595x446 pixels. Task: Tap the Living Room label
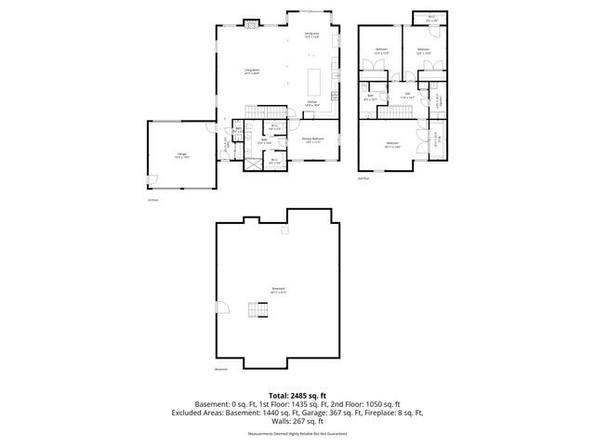(251, 72)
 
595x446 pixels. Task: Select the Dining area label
(311, 35)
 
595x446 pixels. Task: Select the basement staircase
(258, 311)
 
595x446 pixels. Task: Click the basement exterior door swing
(220, 308)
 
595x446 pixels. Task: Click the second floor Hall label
(407, 94)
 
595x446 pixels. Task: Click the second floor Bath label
(371, 97)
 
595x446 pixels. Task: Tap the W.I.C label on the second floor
(430, 18)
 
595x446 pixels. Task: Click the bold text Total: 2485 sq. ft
(297, 396)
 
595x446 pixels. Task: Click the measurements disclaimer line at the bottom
(297, 434)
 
